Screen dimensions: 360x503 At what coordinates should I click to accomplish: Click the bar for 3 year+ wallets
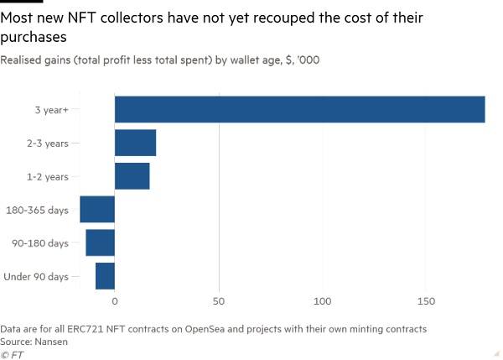coord(299,110)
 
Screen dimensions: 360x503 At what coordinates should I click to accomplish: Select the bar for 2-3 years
coord(135,143)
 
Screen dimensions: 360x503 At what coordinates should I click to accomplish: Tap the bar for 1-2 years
coord(132,176)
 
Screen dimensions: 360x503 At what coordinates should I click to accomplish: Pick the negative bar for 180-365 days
coord(97,209)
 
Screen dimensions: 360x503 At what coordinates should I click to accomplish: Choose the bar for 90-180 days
coord(100,243)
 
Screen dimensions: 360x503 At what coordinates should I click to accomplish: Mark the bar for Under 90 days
coord(105,275)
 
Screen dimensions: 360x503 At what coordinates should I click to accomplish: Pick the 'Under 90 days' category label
coord(36,275)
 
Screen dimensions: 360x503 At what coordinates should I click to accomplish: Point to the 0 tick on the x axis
coord(115,300)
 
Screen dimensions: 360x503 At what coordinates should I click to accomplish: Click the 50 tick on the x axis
coord(219,300)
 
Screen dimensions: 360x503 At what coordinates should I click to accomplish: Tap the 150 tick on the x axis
coord(427,300)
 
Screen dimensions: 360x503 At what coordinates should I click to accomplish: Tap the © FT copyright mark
coord(13,354)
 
